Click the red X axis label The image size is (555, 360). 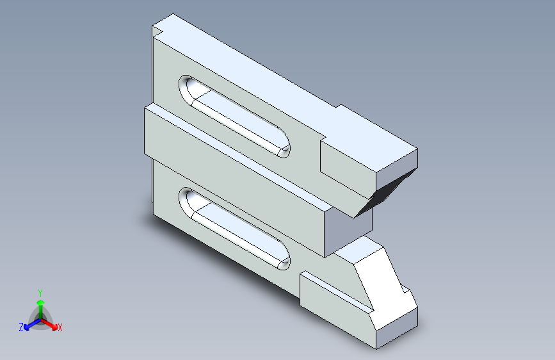60,328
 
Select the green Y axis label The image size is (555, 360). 40,291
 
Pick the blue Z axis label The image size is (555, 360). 21,327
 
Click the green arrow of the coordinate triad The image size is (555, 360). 40,304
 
